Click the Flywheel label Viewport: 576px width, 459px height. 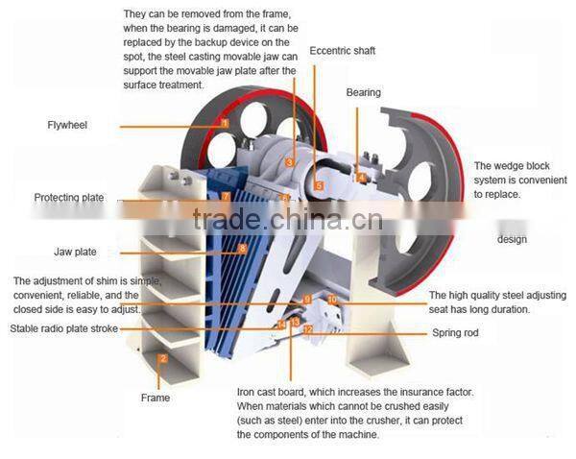pos(67,125)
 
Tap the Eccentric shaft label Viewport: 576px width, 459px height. pos(342,50)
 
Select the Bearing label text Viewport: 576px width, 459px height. pos(363,93)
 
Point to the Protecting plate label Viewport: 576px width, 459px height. pos(68,198)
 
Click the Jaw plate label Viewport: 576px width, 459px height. pos(75,253)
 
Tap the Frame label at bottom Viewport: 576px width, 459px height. pos(155,398)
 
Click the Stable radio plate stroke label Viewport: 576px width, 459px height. pos(64,328)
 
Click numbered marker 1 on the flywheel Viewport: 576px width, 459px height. pos(225,123)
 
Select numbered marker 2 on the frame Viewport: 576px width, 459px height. pos(163,359)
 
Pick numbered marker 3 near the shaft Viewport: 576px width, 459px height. pos(289,162)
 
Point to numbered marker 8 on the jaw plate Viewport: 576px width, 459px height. pos(243,249)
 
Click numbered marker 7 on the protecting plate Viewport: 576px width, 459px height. pos(226,197)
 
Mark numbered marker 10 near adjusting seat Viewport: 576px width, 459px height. pos(332,300)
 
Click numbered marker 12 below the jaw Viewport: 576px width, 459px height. pos(307,329)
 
